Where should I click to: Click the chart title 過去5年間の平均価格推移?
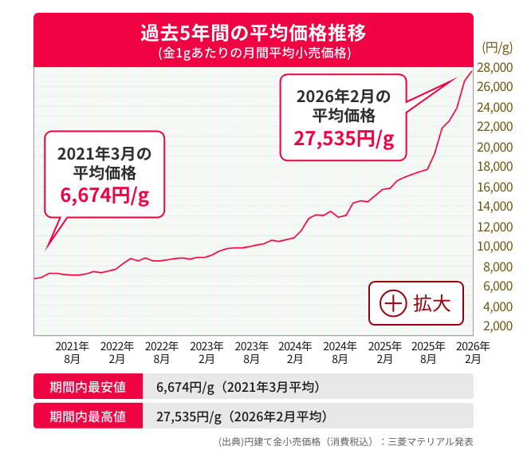point(253,34)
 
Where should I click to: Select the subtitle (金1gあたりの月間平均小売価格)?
point(253,54)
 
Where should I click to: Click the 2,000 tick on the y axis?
point(497,326)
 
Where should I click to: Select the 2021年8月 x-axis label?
point(73,352)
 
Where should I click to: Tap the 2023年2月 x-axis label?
point(206,352)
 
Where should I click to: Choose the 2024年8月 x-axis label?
point(340,352)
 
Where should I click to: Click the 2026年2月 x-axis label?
point(473,352)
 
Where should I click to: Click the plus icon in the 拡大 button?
point(391,304)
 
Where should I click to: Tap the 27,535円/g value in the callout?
point(344,139)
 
